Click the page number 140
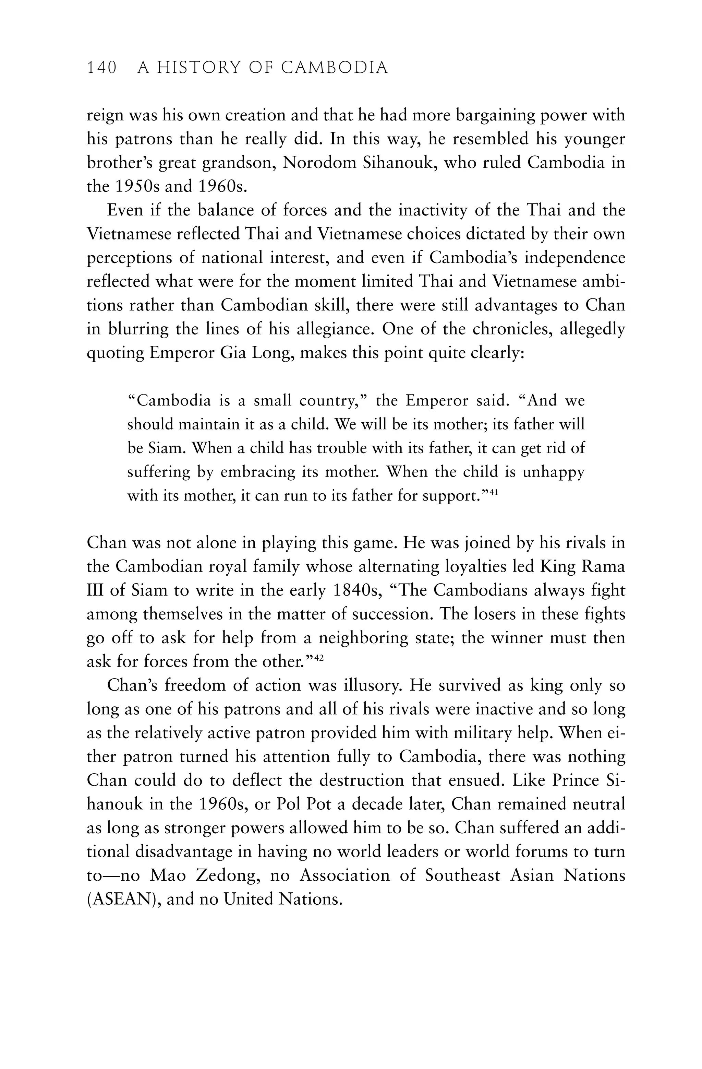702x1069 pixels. pos(101,68)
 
